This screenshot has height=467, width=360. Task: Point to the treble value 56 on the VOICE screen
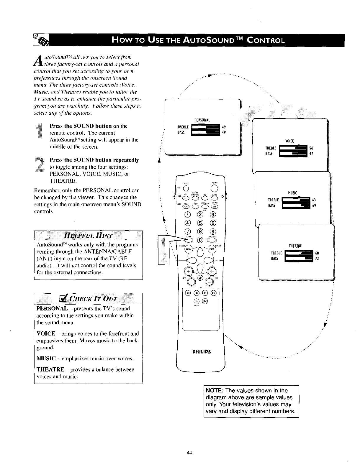[x=311, y=148]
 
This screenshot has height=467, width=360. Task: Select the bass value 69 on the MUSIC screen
[x=314, y=206]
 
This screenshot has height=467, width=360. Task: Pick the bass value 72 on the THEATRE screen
[x=317, y=259]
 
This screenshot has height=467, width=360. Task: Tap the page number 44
[x=189, y=453]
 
